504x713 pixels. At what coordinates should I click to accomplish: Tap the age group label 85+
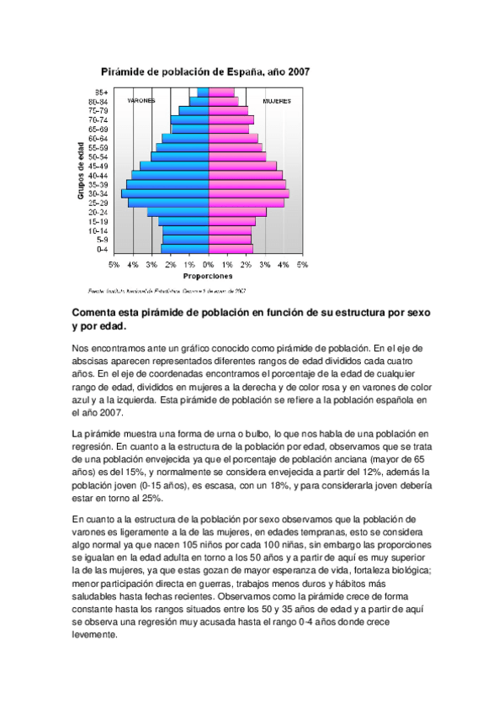(x=101, y=92)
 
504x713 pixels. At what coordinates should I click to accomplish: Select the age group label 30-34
(x=98, y=193)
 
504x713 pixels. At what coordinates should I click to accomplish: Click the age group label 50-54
(x=98, y=156)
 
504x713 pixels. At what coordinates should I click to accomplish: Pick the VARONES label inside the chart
(x=141, y=101)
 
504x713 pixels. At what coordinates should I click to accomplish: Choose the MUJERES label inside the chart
(x=276, y=101)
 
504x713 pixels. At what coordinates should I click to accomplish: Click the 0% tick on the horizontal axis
(x=209, y=265)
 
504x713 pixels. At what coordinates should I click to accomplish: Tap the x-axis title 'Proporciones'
(x=208, y=276)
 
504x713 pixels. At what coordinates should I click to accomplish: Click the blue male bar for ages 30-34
(x=165, y=193)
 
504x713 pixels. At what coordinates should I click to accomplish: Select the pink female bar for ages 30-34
(x=249, y=193)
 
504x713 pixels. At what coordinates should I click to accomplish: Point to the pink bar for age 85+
(x=221, y=92)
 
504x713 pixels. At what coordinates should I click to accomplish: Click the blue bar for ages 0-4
(x=185, y=249)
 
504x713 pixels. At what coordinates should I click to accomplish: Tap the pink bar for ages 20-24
(x=237, y=212)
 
